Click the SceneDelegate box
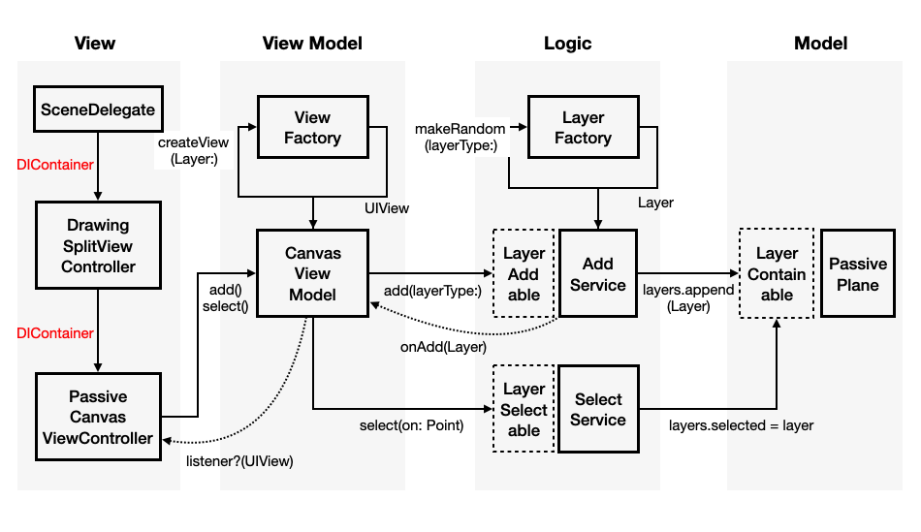98,110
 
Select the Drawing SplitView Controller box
98,246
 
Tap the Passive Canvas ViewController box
98,417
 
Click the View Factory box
312,128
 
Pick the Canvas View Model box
312,273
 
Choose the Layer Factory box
583,128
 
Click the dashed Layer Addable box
524,273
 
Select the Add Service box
598,273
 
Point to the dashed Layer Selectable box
524,409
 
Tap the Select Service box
598,409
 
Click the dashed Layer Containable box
777,273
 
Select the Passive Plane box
858,273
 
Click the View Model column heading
312,43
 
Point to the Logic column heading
567,43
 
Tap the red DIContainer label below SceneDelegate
55,165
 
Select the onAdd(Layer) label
443,346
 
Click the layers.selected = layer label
741,424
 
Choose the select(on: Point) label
411,424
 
